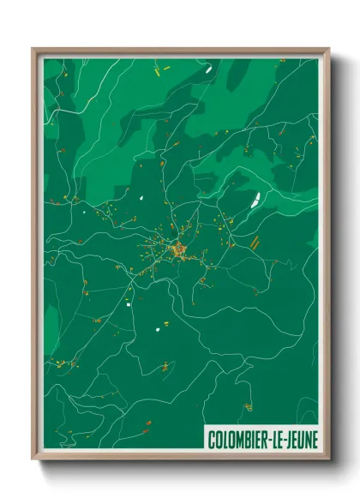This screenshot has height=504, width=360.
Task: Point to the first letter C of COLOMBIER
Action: pyautogui.click(x=211, y=440)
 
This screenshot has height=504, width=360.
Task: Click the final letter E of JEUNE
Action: pyautogui.click(x=314, y=440)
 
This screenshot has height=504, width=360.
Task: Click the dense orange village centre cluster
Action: pyautogui.click(x=178, y=250)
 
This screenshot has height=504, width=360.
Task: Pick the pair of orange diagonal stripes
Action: pyautogui.click(x=254, y=242)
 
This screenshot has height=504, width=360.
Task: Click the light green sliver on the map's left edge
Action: pyautogui.click(x=48, y=321)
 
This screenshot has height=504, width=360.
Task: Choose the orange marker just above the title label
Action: pyautogui.click(x=249, y=406)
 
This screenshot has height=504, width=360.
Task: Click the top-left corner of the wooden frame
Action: pyautogui.click(x=33, y=49)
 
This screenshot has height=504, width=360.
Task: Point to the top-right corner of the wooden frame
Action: pyautogui.click(x=328, y=49)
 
